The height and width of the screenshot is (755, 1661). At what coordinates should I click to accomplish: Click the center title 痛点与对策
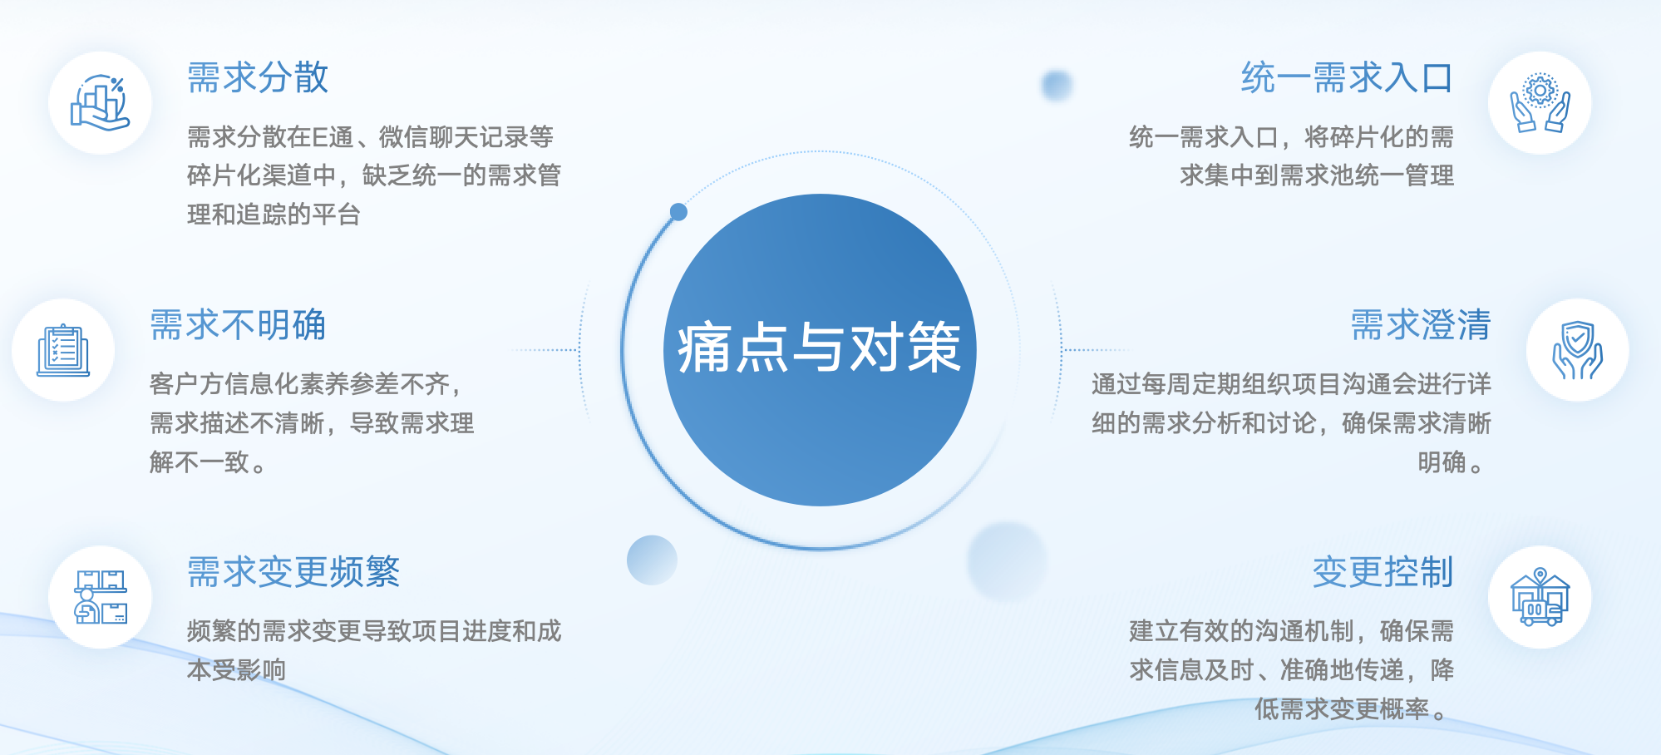[819, 348]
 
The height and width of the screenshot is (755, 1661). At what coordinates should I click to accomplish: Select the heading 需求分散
[259, 78]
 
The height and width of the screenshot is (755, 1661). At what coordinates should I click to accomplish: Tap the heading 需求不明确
[238, 325]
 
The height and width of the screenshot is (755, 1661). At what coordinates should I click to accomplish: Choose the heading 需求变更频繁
[293, 572]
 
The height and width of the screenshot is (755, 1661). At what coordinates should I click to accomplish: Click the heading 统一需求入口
[1347, 78]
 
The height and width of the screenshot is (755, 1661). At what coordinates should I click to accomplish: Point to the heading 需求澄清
[1421, 325]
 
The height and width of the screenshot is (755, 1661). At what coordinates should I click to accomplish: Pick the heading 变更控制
[1383, 572]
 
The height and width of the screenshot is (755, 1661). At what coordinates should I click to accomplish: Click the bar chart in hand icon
[100, 103]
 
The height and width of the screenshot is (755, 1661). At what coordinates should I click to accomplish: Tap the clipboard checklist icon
[63, 350]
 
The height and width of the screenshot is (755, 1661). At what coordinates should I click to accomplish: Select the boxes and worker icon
[101, 597]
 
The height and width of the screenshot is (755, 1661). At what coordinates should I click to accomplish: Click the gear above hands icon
[1540, 103]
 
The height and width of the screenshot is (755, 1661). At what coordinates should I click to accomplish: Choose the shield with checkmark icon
[1577, 350]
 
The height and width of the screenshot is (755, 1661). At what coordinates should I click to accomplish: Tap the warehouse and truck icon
[1540, 597]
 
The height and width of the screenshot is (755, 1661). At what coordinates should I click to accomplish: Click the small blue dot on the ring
[678, 212]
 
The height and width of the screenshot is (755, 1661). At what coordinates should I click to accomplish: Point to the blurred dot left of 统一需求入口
[1057, 85]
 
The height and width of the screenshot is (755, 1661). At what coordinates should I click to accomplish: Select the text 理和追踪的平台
[274, 215]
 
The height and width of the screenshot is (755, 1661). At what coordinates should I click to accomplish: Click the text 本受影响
[236, 669]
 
